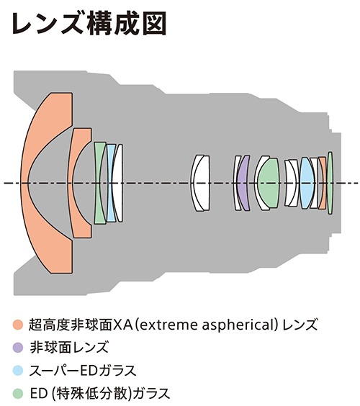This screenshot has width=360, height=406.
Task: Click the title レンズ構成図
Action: click(89, 24)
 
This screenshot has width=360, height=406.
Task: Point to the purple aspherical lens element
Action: click(243, 183)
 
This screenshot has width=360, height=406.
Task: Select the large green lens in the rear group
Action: click(269, 183)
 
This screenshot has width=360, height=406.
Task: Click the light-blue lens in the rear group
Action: click(307, 183)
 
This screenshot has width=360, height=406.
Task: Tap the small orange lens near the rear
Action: click(323, 183)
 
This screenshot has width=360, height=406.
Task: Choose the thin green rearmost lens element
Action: click(330, 183)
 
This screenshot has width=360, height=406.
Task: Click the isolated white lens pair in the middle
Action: click(200, 183)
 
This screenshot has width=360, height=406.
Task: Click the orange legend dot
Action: click(18, 325)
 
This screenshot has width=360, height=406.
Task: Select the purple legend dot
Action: click(18, 348)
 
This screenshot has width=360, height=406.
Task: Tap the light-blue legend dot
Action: click(18, 370)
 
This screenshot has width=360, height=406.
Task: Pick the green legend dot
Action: click(18, 393)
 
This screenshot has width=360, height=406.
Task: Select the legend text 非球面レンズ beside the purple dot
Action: click(68, 348)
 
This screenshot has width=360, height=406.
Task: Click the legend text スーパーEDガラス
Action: click(83, 370)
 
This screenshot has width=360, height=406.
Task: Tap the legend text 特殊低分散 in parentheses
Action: click(91, 393)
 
